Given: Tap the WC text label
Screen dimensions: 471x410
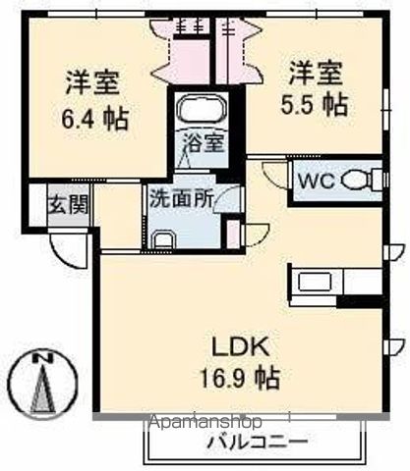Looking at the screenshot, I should tap(317, 182).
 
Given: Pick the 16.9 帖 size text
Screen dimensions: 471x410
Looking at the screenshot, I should tap(241, 376).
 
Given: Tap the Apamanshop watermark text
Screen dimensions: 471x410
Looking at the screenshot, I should tap(205, 424).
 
